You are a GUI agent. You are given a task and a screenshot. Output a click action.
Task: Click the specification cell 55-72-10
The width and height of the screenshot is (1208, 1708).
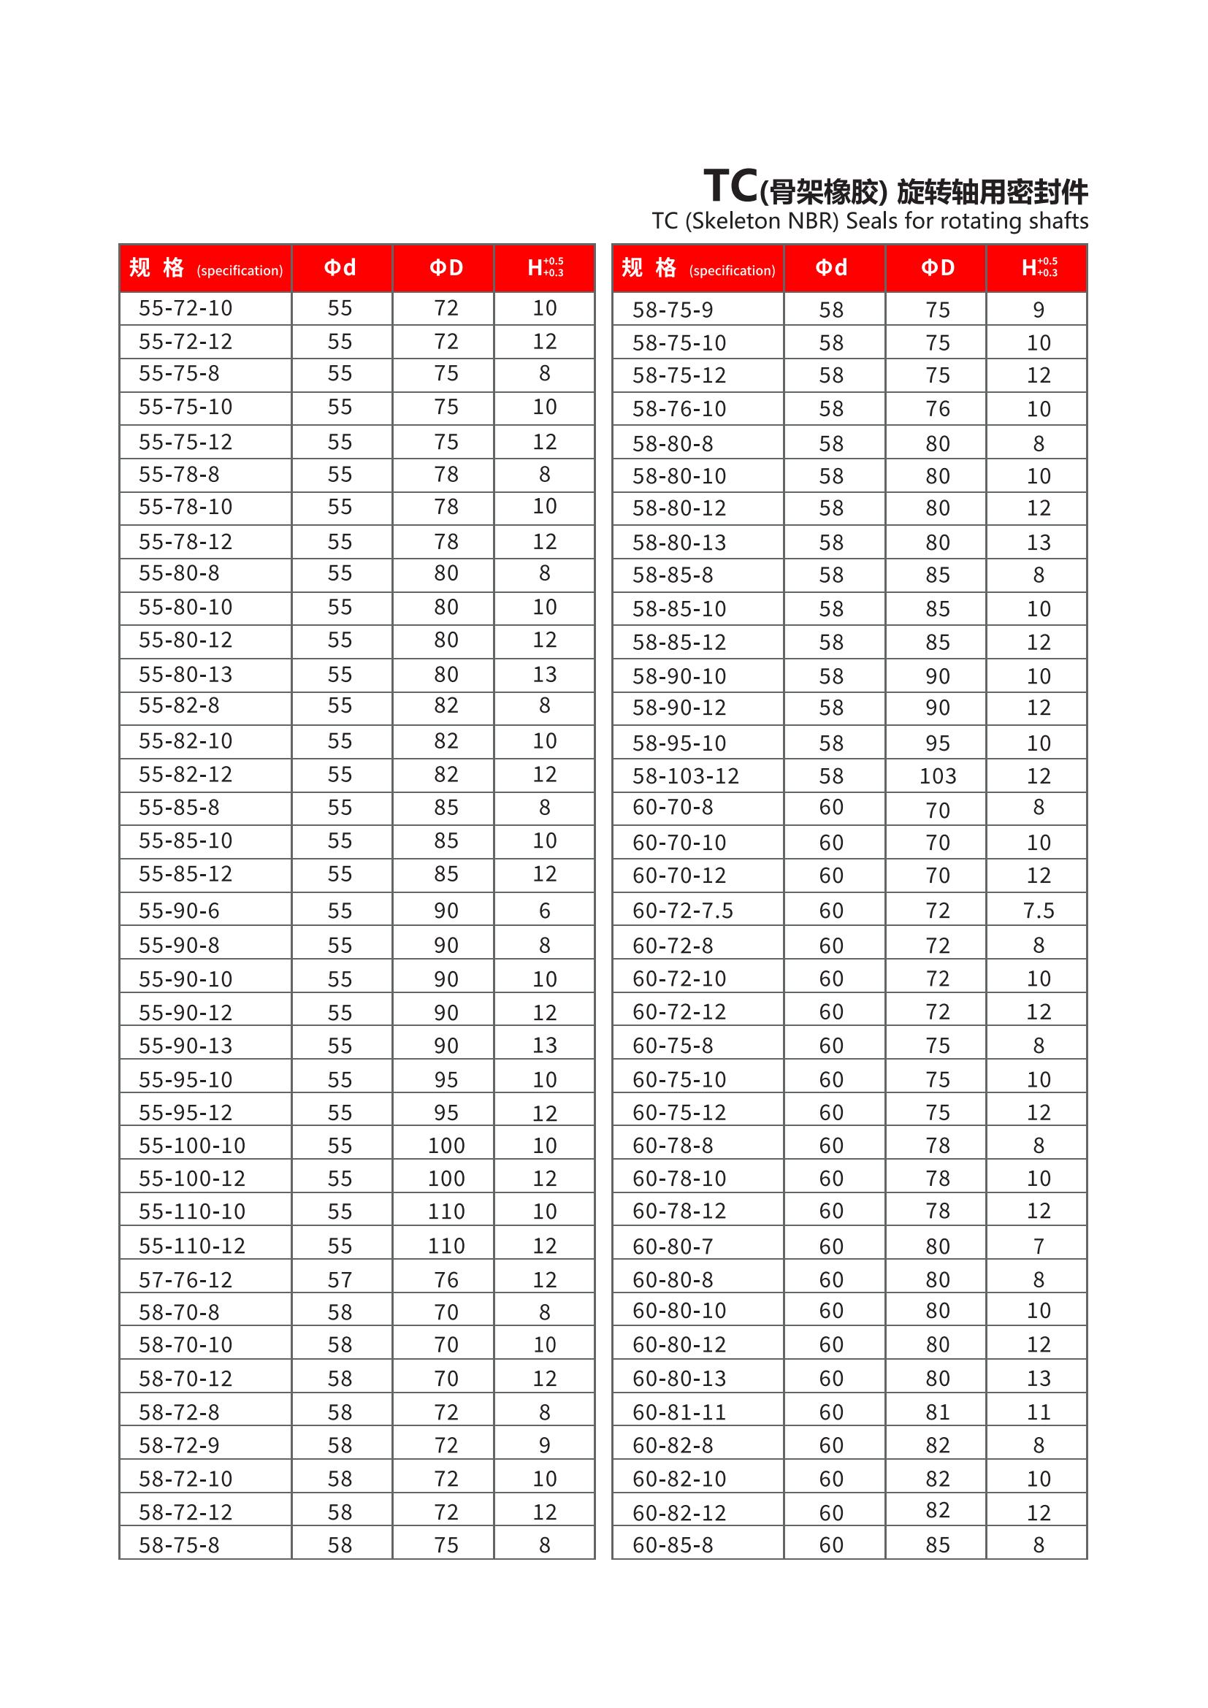tap(186, 308)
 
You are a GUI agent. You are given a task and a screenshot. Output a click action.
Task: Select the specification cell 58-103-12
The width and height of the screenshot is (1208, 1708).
tap(685, 776)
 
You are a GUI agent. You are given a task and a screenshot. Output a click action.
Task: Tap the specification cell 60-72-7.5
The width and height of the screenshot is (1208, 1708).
tap(682, 911)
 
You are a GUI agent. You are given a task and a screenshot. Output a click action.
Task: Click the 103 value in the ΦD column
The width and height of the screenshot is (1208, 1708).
tap(937, 776)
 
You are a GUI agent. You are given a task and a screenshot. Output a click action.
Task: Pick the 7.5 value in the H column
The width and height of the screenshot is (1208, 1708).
tap(1039, 911)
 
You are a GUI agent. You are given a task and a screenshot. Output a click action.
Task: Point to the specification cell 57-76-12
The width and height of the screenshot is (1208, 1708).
tap(186, 1279)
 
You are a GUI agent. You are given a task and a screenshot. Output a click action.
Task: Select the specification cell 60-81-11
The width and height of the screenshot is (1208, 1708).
tap(679, 1412)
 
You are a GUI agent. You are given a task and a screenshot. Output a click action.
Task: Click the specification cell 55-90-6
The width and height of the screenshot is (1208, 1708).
tap(178, 911)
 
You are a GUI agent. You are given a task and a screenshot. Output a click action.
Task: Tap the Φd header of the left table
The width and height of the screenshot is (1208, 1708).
tap(340, 268)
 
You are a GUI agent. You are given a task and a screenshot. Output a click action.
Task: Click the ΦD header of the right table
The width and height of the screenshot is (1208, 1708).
tap(937, 268)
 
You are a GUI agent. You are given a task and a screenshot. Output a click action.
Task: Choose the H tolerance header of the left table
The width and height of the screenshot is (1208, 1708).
tap(545, 268)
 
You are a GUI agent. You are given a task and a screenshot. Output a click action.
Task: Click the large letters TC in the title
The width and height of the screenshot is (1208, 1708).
tap(730, 186)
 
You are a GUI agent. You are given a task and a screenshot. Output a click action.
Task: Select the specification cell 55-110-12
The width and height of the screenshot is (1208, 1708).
tap(191, 1245)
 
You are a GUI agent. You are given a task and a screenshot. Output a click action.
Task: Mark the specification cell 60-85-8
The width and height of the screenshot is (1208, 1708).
tap(673, 1545)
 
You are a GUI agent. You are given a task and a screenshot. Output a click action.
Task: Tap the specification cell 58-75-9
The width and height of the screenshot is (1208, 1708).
tap(673, 310)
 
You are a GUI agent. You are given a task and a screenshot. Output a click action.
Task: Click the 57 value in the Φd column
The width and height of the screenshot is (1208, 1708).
tap(340, 1279)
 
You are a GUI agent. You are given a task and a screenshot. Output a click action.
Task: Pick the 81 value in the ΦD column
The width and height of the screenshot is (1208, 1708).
tap(937, 1412)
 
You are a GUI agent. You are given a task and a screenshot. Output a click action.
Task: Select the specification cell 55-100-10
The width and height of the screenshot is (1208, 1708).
tap(191, 1145)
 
